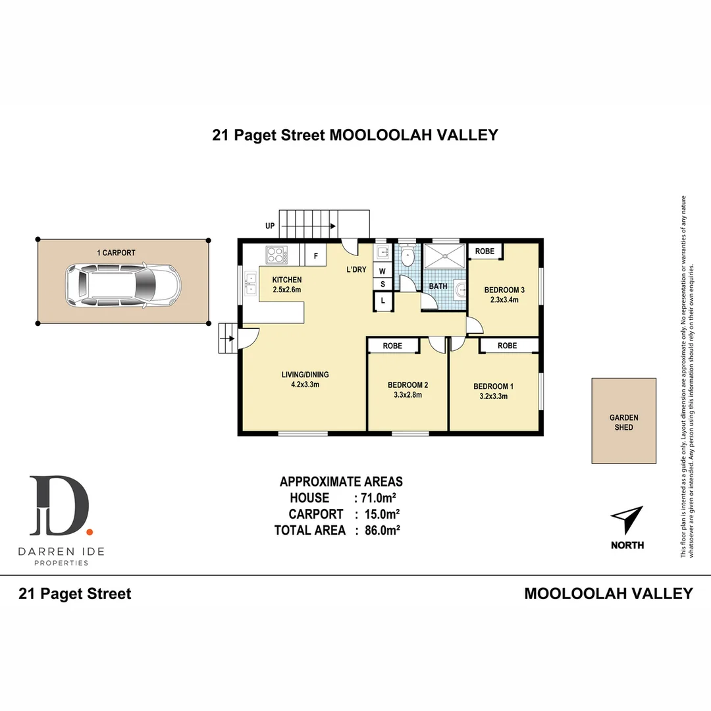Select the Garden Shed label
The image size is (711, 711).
623,422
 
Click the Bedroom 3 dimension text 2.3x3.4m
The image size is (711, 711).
504,300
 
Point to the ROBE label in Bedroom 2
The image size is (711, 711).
393,345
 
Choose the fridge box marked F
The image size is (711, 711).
315,255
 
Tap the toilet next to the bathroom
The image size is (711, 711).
408,255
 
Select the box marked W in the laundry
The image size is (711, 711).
382,270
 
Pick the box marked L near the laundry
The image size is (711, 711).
382,301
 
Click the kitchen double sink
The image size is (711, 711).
251,284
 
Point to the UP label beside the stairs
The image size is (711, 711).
270,226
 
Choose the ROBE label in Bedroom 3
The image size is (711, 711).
485,251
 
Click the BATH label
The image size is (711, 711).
438,286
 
